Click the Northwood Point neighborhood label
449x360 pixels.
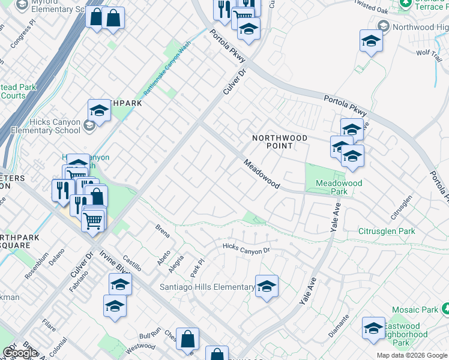point(279,142)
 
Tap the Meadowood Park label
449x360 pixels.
point(332,187)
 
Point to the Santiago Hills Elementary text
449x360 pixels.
point(207,287)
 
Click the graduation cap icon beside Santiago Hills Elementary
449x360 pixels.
point(267,287)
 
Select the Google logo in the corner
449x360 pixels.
point(20,353)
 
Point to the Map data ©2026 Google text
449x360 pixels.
point(412,355)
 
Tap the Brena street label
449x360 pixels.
point(162,232)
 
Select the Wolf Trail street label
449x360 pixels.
point(429,53)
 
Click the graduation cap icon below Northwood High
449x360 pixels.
point(371,41)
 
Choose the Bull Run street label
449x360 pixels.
point(149,337)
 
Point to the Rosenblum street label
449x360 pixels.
point(37,264)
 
